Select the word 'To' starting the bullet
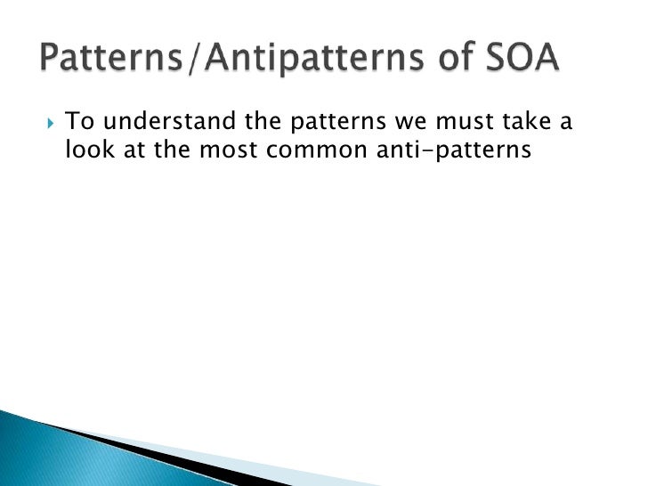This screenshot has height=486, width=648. [x=79, y=121]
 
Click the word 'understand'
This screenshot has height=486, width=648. [x=164, y=121]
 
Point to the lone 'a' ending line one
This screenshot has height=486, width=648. [x=563, y=123]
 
